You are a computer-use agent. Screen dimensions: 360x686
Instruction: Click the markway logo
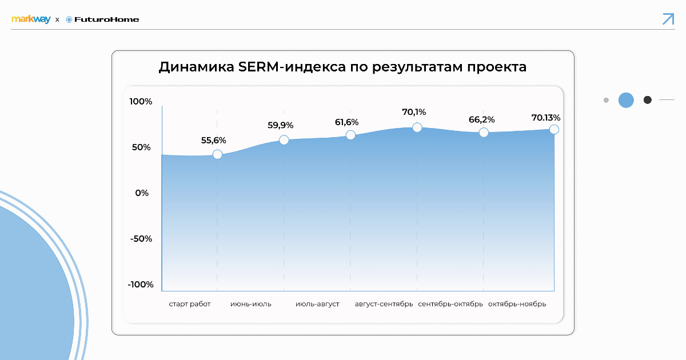click(x=31, y=19)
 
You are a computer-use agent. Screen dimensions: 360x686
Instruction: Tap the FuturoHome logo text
click(x=106, y=19)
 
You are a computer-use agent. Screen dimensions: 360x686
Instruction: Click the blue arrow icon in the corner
click(x=668, y=18)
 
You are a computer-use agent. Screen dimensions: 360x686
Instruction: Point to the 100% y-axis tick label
click(x=141, y=102)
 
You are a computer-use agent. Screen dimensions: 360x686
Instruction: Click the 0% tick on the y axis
click(x=142, y=193)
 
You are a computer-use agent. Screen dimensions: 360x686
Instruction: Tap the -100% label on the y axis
click(x=139, y=285)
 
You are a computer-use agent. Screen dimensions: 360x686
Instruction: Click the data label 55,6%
click(x=214, y=140)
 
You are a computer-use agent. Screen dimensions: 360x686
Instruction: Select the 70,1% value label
click(x=414, y=112)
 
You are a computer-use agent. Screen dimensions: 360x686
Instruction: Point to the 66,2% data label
click(x=481, y=119)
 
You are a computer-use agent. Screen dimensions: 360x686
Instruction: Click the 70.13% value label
click(x=546, y=118)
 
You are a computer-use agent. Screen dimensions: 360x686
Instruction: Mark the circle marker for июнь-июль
click(x=284, y=140)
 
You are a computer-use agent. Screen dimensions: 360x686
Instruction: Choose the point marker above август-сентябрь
click(x=417, y=127)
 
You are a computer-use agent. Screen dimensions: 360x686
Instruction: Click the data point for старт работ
click(x=217, y=154)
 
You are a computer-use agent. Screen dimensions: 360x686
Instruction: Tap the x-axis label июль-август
click(x=317, y=304)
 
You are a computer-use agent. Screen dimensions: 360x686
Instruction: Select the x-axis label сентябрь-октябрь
click(x=450, y=304)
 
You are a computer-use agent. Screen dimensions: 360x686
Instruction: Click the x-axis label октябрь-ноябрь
click(x=517, y=304)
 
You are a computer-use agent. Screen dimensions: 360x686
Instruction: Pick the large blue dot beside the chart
click(x=626, y=100)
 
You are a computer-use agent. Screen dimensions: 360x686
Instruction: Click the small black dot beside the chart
click(x=648, y=100)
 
